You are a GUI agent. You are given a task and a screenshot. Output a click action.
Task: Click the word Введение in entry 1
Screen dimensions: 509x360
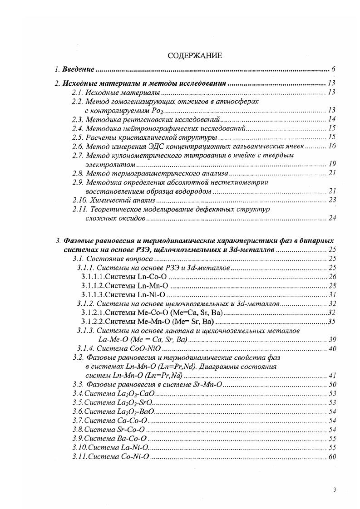pyautogui.click(x=78, y=69)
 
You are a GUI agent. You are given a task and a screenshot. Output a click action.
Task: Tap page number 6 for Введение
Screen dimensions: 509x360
pyautogui.click(x=333, y=69)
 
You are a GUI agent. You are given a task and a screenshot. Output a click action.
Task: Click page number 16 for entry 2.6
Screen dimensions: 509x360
pyautogui.click(x=331, y=146)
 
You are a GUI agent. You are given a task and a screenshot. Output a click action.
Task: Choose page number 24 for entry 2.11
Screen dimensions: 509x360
pyautogui.click(x=331, y=218)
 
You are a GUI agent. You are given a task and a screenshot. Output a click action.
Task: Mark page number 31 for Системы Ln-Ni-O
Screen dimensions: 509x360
pyautogui.click(x=331, y=295)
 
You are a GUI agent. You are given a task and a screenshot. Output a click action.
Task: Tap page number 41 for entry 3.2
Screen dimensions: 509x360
pyautogui.click(x=331, y=376)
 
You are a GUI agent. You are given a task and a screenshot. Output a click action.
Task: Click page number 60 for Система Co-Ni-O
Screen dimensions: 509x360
pyautogui.click(x=331, y=456)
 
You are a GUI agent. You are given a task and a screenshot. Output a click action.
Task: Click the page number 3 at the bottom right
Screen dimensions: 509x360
pyautogui.click(x=334, y=489)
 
